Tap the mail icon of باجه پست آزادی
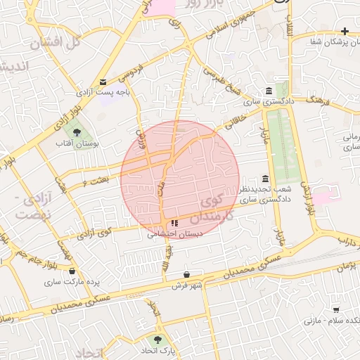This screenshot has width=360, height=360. point(103,82)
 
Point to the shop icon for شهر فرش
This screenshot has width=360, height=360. point(186,274)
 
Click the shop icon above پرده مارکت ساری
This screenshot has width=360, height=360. point(72,270)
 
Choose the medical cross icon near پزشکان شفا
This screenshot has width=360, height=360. point(344,31)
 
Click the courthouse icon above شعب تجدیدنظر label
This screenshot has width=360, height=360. point(264,179)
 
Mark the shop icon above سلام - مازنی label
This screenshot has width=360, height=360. point(336,309)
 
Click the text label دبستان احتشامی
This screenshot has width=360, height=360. point(166,236)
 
